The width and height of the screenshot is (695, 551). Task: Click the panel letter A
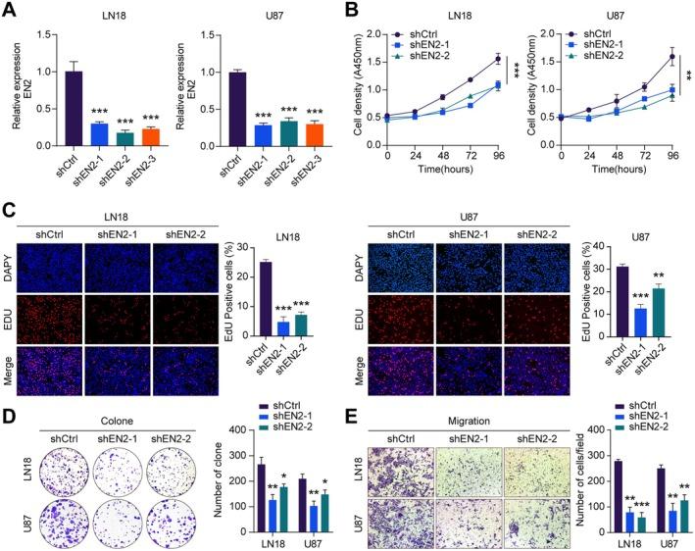click(9, 11)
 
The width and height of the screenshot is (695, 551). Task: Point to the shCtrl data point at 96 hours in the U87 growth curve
click(670, 56)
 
